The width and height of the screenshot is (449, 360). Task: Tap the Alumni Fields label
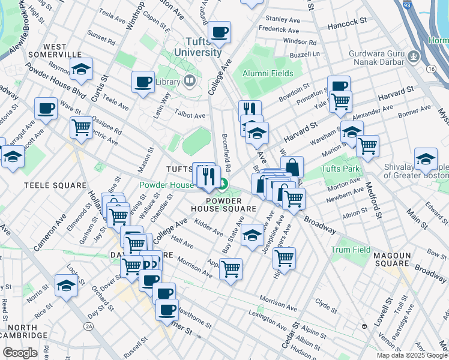pos(268,74)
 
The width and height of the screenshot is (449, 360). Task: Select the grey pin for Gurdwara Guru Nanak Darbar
pos(413,57)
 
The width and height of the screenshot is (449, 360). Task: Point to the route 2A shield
pos(89,326)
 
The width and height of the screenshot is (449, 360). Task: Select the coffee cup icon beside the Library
pos(143,82)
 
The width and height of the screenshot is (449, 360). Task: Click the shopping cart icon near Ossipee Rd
pos(81,126)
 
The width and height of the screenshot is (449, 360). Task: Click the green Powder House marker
pos(223,185)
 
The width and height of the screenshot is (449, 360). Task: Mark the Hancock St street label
pos(348,21)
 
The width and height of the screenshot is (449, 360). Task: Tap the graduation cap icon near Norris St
pos(66,285)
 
